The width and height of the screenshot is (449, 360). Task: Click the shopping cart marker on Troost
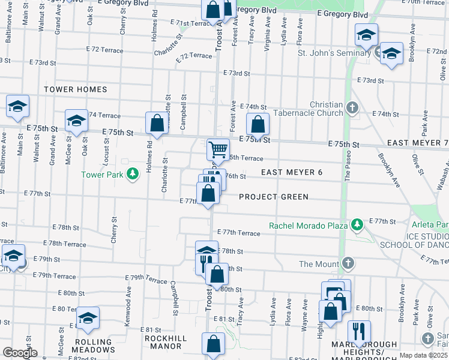218,149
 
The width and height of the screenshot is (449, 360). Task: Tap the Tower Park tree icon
133,175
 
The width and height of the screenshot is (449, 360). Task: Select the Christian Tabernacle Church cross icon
352,109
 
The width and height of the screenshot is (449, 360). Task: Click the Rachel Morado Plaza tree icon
358,225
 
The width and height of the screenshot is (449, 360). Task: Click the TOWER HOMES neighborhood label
76,89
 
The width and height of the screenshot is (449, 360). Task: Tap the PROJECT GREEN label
274,197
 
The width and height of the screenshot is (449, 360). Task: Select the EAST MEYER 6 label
292,172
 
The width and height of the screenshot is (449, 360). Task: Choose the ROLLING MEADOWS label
94,346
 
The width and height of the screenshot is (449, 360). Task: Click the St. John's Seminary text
334,53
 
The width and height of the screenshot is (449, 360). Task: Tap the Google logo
19,353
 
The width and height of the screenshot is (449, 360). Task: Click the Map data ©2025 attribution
424,355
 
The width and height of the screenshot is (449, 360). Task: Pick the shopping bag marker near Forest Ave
258,125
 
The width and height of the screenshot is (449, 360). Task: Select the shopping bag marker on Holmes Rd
157,123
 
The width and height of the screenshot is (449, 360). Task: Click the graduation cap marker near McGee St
76,121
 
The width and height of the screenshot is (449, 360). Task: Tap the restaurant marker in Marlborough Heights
359,331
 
